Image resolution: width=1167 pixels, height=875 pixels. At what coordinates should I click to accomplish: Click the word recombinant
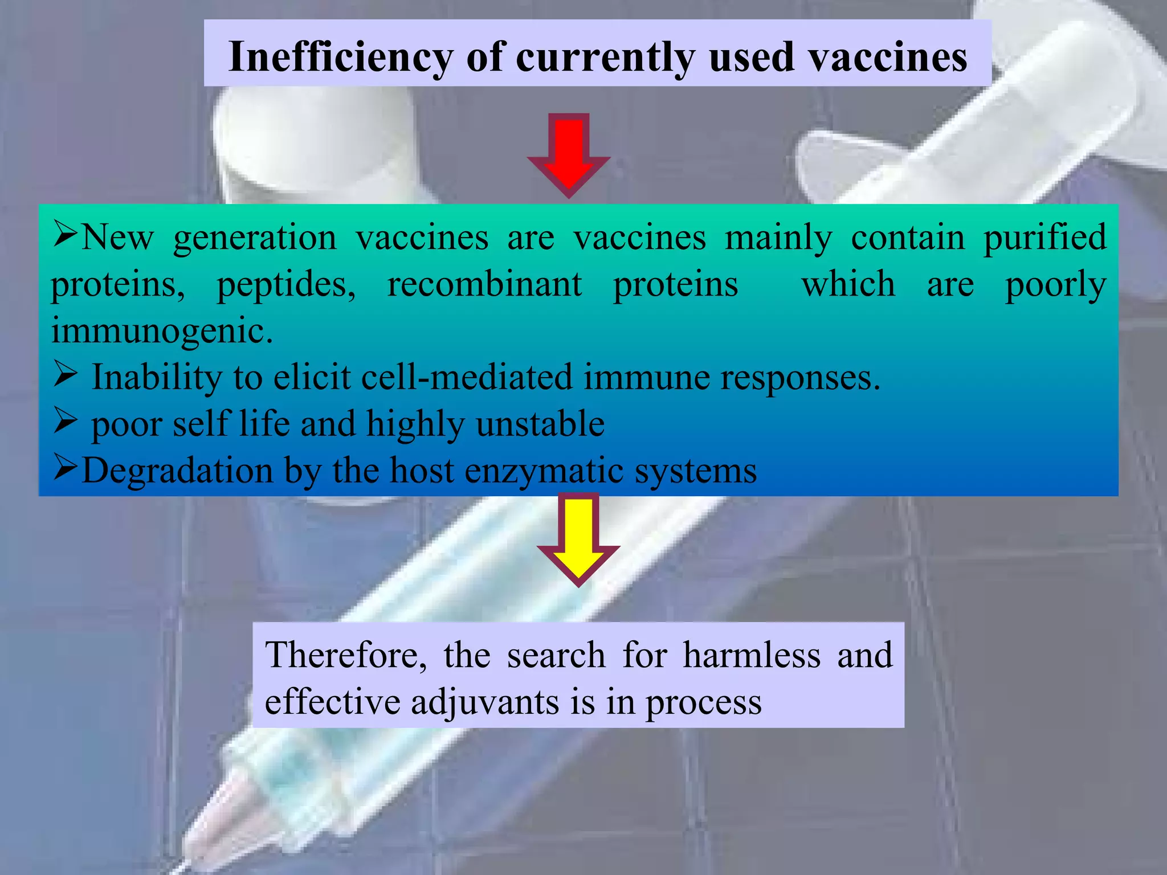484,284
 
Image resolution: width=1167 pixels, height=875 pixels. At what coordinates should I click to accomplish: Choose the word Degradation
177,471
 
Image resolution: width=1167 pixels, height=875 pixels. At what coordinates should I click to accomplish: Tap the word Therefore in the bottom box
345,655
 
